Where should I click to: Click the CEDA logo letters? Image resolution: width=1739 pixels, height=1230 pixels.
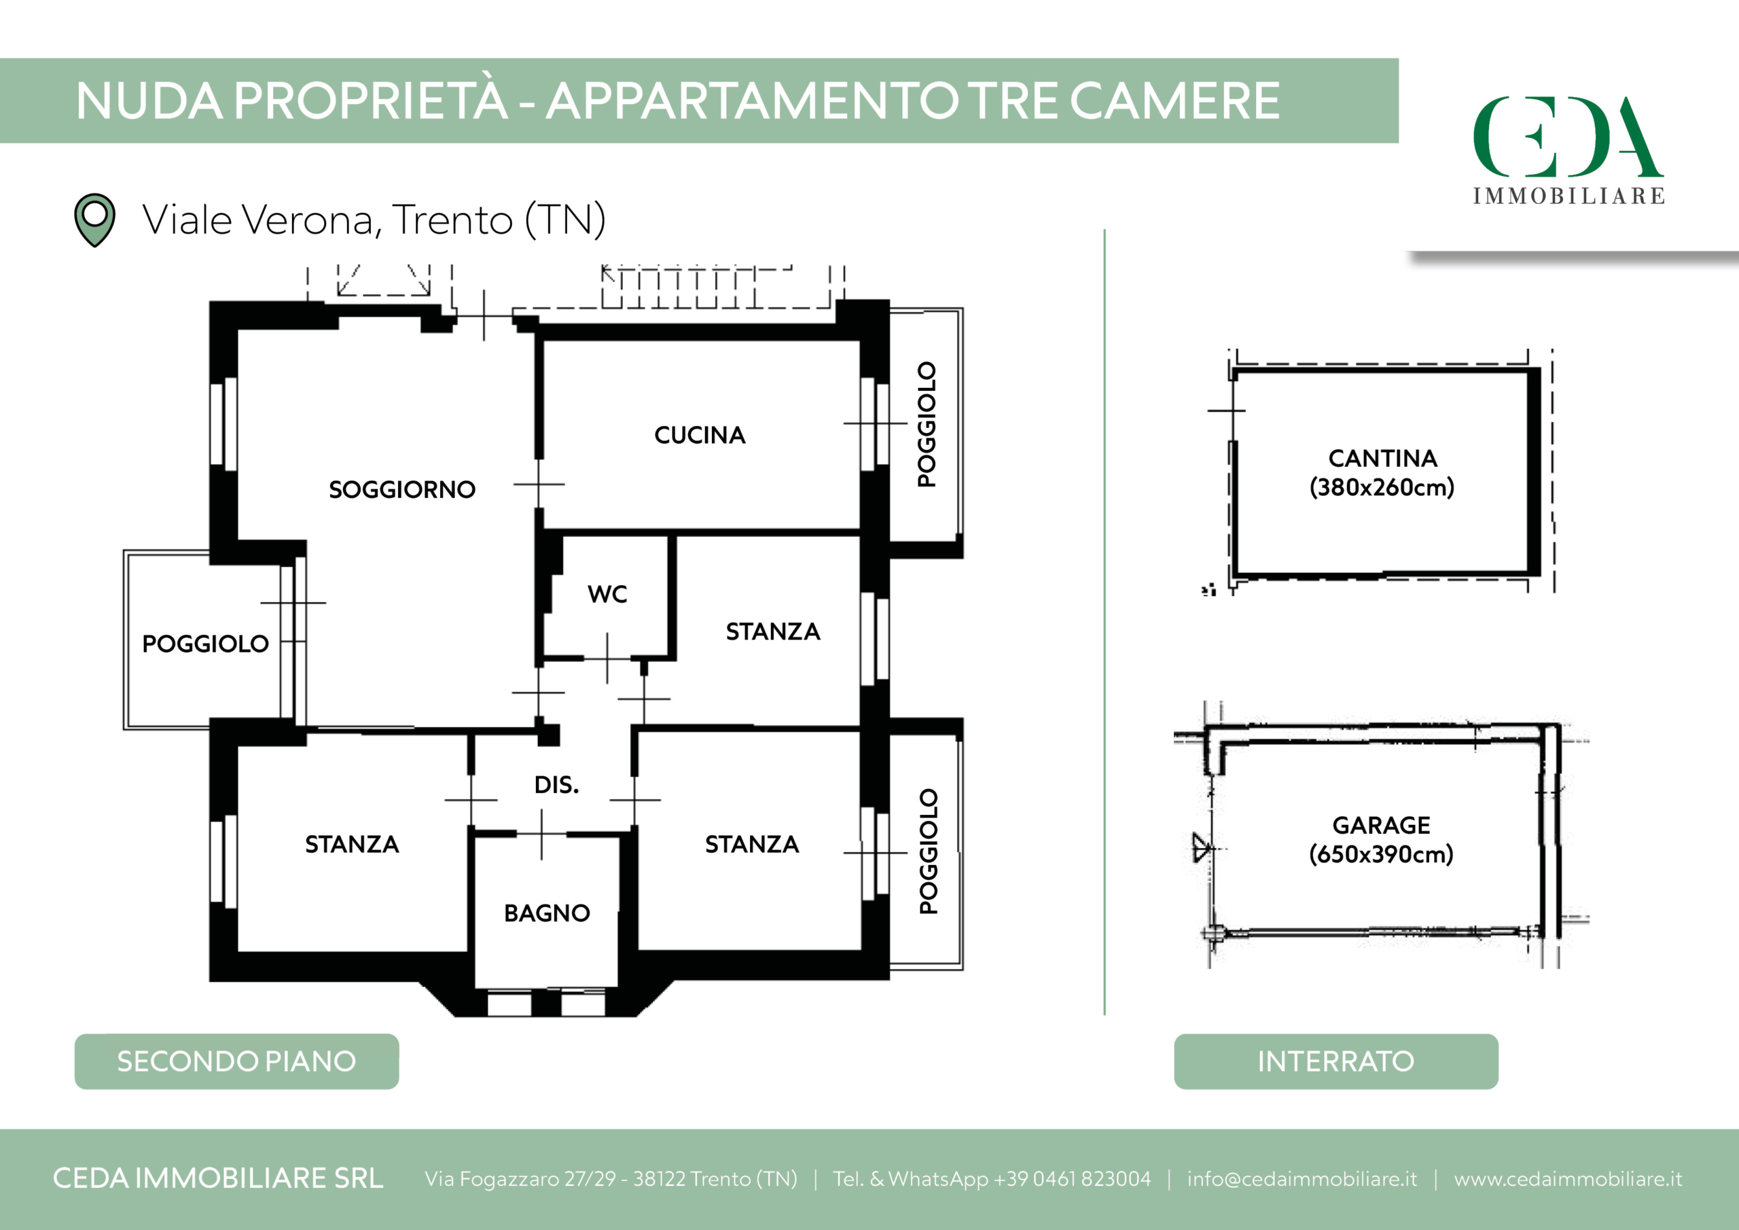[x=1568, y=137]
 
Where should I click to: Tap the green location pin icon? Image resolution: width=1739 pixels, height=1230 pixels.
[x=94, y=219]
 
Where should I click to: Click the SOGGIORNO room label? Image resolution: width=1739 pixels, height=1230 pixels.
[x=402, y=489]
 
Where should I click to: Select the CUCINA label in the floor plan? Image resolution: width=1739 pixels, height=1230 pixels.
[x=700, y=435]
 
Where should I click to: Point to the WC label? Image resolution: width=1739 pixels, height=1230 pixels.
[x=607, y=594]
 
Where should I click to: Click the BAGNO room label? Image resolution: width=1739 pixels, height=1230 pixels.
[x=547, y=913]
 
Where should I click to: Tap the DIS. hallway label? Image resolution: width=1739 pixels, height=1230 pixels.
[x=557, y=785]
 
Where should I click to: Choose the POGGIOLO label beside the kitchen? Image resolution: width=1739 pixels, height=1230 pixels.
[x=927, y=425]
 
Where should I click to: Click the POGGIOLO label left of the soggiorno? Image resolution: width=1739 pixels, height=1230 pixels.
[x=205, y=644]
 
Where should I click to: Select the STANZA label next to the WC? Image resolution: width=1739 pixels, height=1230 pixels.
[x=773, y=632]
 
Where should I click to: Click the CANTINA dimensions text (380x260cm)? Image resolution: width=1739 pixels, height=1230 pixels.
[x=1382, y=487]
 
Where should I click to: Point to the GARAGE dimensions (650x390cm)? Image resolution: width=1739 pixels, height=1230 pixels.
[x=1382, y=854]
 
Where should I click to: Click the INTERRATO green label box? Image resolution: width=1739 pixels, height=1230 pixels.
[x=1336, y=1061]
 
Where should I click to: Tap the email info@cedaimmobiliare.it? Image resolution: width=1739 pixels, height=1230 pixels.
[x=1302, y=1179]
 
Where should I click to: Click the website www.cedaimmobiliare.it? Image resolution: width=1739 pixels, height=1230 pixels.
[x=1568, y=1179]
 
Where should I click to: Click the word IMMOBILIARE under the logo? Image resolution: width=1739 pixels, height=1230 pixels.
[x=1568, y=196]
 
